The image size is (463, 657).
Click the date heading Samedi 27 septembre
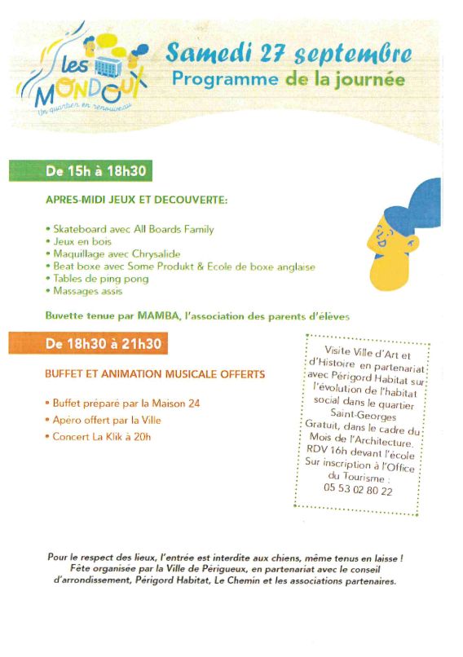coord(289,54)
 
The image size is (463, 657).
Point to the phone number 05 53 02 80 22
coord(358,491)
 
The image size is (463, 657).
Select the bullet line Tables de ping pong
coord(101,278)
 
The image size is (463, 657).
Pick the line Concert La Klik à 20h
coord(102,436)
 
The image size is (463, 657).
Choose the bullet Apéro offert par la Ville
coord(107,420)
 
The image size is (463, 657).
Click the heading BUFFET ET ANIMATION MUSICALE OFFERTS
coord(155,374)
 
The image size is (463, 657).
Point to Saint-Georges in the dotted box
coord(359,414)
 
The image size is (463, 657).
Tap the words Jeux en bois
coord(82,241)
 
